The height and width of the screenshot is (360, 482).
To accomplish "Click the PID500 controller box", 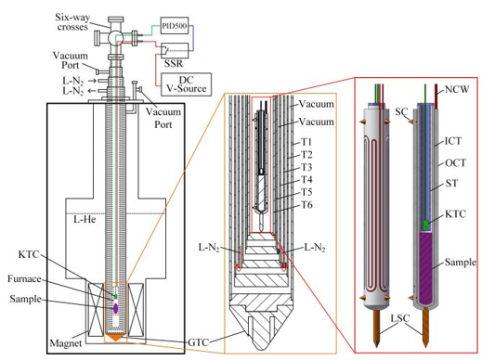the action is (x=175, y=25).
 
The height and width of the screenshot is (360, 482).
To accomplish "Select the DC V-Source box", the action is (x=187, y=84).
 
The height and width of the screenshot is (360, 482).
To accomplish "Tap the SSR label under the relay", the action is (x=174, y=64).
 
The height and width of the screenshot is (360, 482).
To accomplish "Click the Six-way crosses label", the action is (x=72, y=22).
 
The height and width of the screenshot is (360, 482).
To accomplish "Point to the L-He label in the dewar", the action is (x=85, y=220).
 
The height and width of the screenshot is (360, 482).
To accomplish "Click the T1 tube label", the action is (x=306, y=142).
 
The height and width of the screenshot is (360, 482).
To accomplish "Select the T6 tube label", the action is (x=306, y=204).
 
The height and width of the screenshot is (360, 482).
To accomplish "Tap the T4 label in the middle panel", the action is (x=306, y=179).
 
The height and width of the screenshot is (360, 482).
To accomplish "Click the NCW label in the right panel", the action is (x=457, y=89).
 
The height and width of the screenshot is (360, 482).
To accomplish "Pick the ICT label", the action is (x=453, y=141).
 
